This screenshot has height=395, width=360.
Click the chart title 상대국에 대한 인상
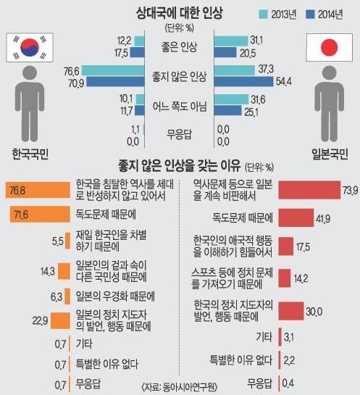(179, 12)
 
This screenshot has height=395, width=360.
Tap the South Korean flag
(30, 48)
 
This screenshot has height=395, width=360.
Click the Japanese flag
(330, 48)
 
